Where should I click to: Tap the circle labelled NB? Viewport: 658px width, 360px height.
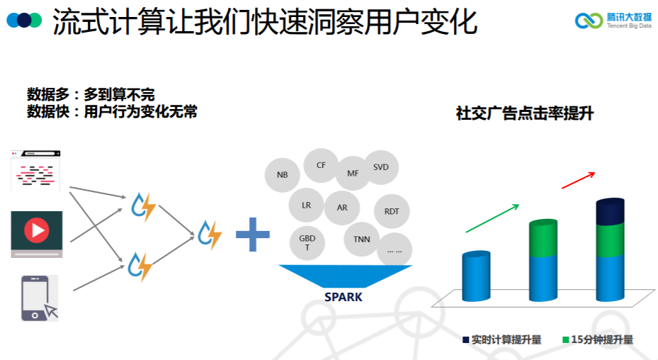[x=283, y=174]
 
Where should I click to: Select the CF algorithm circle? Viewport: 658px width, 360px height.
[x=321, y=165]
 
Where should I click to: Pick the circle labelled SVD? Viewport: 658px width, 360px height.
[x=381, y=167]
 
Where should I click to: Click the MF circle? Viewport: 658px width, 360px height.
[x=353, y=173]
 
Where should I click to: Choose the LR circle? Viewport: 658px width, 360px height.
[x=306, y=206]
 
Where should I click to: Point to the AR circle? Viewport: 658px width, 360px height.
[x=342, y=208]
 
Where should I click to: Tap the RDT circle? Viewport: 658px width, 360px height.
[x=392, y=211]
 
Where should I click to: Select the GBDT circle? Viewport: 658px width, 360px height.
[x=307, y=243]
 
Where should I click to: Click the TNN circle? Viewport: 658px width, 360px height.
[x=361, y=240]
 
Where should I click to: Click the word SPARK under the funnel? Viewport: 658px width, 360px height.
[x=344, y=297]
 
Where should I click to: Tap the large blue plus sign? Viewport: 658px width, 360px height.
[x=253, y=235]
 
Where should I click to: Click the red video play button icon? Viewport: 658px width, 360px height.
[x=36, y=230]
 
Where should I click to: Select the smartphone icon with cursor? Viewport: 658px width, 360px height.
[x=39, y=299]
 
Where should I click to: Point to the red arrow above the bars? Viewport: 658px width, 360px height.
[x=578, y=180]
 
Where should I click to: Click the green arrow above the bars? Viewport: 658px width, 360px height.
[x=492, y=218]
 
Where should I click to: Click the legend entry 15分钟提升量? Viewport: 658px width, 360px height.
[x=597, y=339]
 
